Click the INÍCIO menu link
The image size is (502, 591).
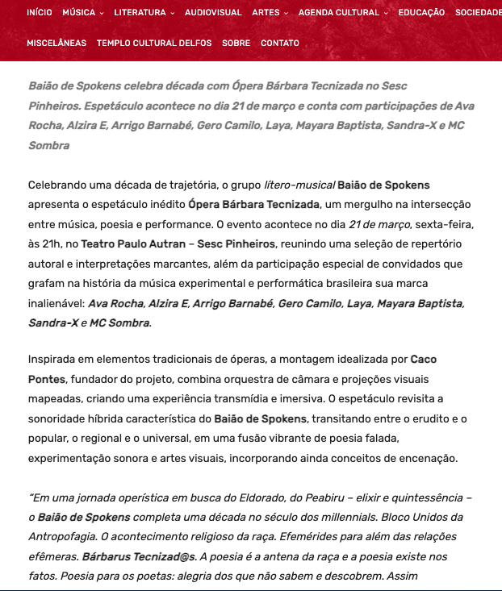coord(40,13)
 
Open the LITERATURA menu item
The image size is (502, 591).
coord(140,13)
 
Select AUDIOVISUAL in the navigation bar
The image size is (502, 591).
coord(213,13)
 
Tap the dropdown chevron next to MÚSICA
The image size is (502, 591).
coord(102,13)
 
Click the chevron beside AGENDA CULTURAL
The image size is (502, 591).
coord(386,13)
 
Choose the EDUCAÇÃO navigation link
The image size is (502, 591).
coord(421,13)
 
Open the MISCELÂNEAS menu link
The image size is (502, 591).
coord(56,43)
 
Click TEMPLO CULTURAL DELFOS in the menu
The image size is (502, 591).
coord(154,43)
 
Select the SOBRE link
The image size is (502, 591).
coord(236,43)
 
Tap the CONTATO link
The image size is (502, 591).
coord(280,43)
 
